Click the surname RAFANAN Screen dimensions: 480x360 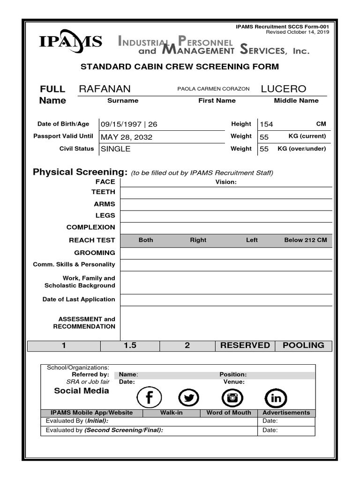(x=105, y=89)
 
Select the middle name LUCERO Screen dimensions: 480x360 (x=283, y=89)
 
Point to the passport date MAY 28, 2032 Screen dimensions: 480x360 (x=127, y=137)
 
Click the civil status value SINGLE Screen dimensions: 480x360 (x=116, y=149)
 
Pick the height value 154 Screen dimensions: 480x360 (x=266, y=124)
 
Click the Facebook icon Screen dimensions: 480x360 (x=149, y=398)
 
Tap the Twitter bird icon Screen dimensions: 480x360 (x=189, y=398)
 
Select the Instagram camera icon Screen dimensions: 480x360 (x=232, y=398)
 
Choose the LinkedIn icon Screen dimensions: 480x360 (x=276, y=398)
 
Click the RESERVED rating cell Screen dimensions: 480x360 (x=245, y=345)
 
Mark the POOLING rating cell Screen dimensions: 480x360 (x=303, y=345)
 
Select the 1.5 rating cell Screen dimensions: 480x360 (x=130, y=345)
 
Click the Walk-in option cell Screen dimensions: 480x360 (x=172, y=413)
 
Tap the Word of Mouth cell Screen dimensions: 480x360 (x=229, y=413)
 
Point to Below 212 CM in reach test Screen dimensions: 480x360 (x=306, y=240)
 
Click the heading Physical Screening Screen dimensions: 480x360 (x=80, y=172)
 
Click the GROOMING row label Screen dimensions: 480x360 (x=97, y=253)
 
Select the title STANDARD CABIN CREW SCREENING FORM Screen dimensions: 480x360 (x=180, y=67)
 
